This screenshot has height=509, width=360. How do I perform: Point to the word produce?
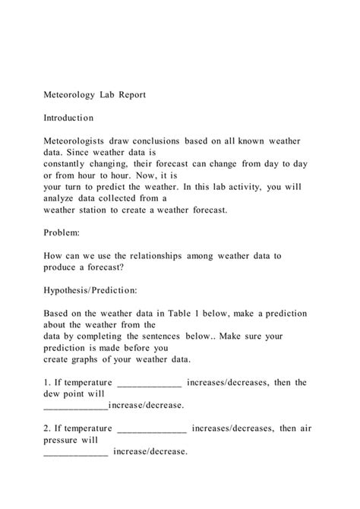[x=62, y=267]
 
